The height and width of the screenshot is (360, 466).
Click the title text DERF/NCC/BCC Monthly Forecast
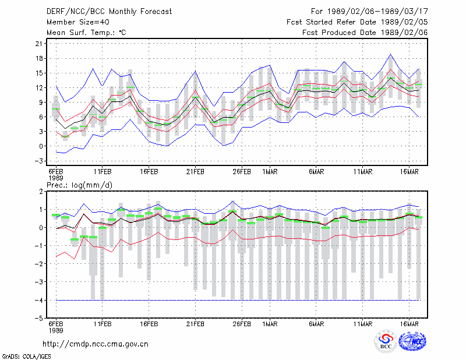[109, 12]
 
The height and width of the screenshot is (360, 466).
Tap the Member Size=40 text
[78, 22]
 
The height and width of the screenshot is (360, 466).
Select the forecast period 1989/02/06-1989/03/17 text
[369, 12]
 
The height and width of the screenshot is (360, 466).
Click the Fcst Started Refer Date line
[357, 22]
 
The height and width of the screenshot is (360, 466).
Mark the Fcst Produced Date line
[365, 33]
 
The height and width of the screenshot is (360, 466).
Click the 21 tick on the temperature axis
[39, 44]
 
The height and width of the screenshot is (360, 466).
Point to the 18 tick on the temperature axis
[39, 59]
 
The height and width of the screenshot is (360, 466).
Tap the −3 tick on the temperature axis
[39, 161]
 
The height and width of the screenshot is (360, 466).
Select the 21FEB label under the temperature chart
[195, 172]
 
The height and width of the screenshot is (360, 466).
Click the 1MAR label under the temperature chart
[270, 172]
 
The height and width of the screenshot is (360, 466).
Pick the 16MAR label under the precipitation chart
[409, 324]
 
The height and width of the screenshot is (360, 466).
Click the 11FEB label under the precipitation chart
[103, 324]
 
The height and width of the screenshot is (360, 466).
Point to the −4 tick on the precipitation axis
[39, 300]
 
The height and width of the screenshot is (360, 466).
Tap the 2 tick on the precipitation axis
[41, 192]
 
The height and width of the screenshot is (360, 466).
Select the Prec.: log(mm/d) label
[79, 185]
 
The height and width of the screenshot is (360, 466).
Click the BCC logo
[386, 341]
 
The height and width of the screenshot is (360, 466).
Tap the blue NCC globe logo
[412, 341]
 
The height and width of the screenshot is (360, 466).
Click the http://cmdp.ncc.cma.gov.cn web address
[96, 344]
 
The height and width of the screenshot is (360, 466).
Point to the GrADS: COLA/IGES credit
[26, 357]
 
